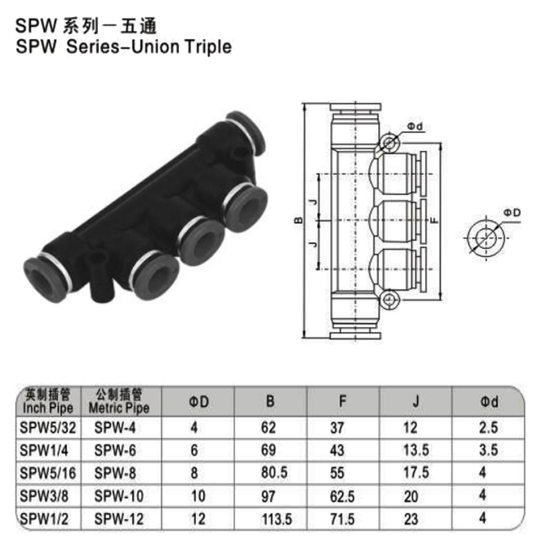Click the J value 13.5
(x=415, y=451)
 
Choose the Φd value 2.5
(x=488, y=428)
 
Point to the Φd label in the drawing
(x=414, y=126)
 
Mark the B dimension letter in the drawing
(x=297, y=221)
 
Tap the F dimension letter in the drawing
(x=434, y=220)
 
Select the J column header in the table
(x=415, y=401)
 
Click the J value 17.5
(x=415, y=474)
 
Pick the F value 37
(x=338, y=428)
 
